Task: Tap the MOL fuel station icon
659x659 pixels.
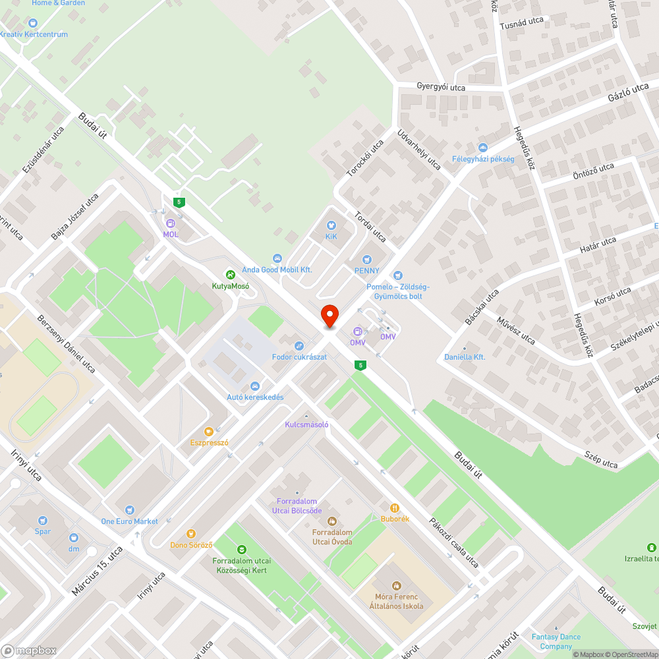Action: (171, 223)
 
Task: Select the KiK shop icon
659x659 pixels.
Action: (331, 225)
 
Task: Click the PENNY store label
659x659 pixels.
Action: (367, 270)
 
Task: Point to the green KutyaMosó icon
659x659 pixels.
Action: (230, 274)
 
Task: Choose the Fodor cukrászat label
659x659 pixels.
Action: (299, 357)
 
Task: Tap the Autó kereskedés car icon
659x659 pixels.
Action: (255, 386)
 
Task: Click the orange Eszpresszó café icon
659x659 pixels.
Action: (209, 432)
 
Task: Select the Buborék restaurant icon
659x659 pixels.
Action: (395, 507)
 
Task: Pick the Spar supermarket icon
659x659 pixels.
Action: (43, 521)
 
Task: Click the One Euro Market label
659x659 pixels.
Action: (129, 521)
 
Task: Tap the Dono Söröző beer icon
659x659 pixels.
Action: (191, 534)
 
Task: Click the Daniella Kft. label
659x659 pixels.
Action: (465, 357)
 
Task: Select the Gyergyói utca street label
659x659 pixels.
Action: (441, 87)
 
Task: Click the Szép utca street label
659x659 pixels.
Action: (602, 460)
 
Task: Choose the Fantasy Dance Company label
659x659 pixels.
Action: (556, 641)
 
